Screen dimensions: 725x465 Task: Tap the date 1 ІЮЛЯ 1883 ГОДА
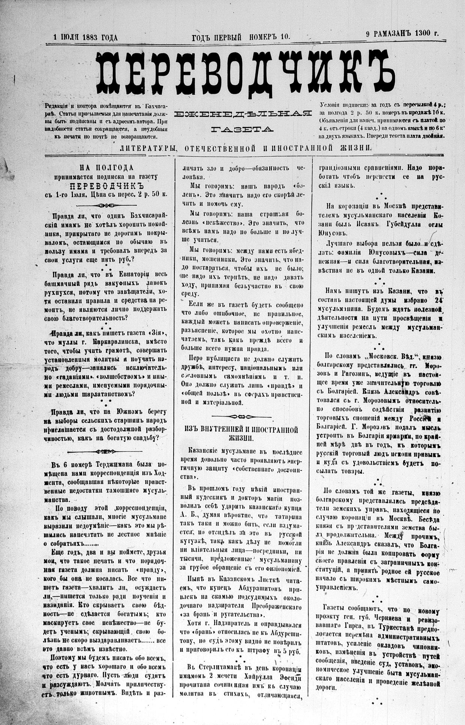86,37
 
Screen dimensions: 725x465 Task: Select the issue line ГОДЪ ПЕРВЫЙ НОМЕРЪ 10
241,37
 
